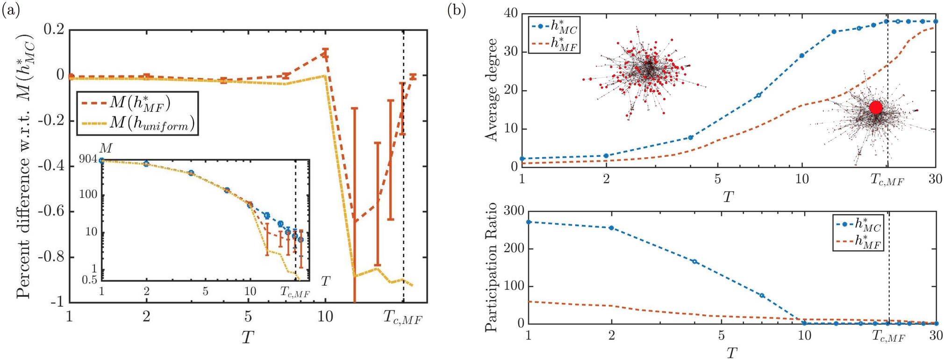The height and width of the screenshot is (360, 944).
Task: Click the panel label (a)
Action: coord(11,10)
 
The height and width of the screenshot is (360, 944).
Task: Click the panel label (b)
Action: coord(456,10)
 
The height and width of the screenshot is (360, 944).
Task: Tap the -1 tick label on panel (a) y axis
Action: coord(57,302)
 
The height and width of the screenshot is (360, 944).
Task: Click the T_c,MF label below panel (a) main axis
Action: coord(403,318)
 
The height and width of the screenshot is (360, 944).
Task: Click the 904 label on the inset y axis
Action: coord(88,159)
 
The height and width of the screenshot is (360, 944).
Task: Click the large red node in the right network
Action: coord(876,108)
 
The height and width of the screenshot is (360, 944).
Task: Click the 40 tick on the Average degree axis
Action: coord(510,14)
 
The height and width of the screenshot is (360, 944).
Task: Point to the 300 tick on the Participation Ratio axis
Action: coord(514,211)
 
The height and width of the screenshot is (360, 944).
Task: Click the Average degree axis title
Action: coord(491,90)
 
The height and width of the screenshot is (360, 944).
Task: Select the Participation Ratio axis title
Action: coord(491,267)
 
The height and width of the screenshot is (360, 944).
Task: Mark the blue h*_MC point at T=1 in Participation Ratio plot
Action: coord(529,222)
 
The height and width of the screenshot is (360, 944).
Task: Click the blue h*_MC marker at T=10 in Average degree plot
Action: coord(802,56)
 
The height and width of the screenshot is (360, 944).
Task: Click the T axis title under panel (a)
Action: coord(248,337)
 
